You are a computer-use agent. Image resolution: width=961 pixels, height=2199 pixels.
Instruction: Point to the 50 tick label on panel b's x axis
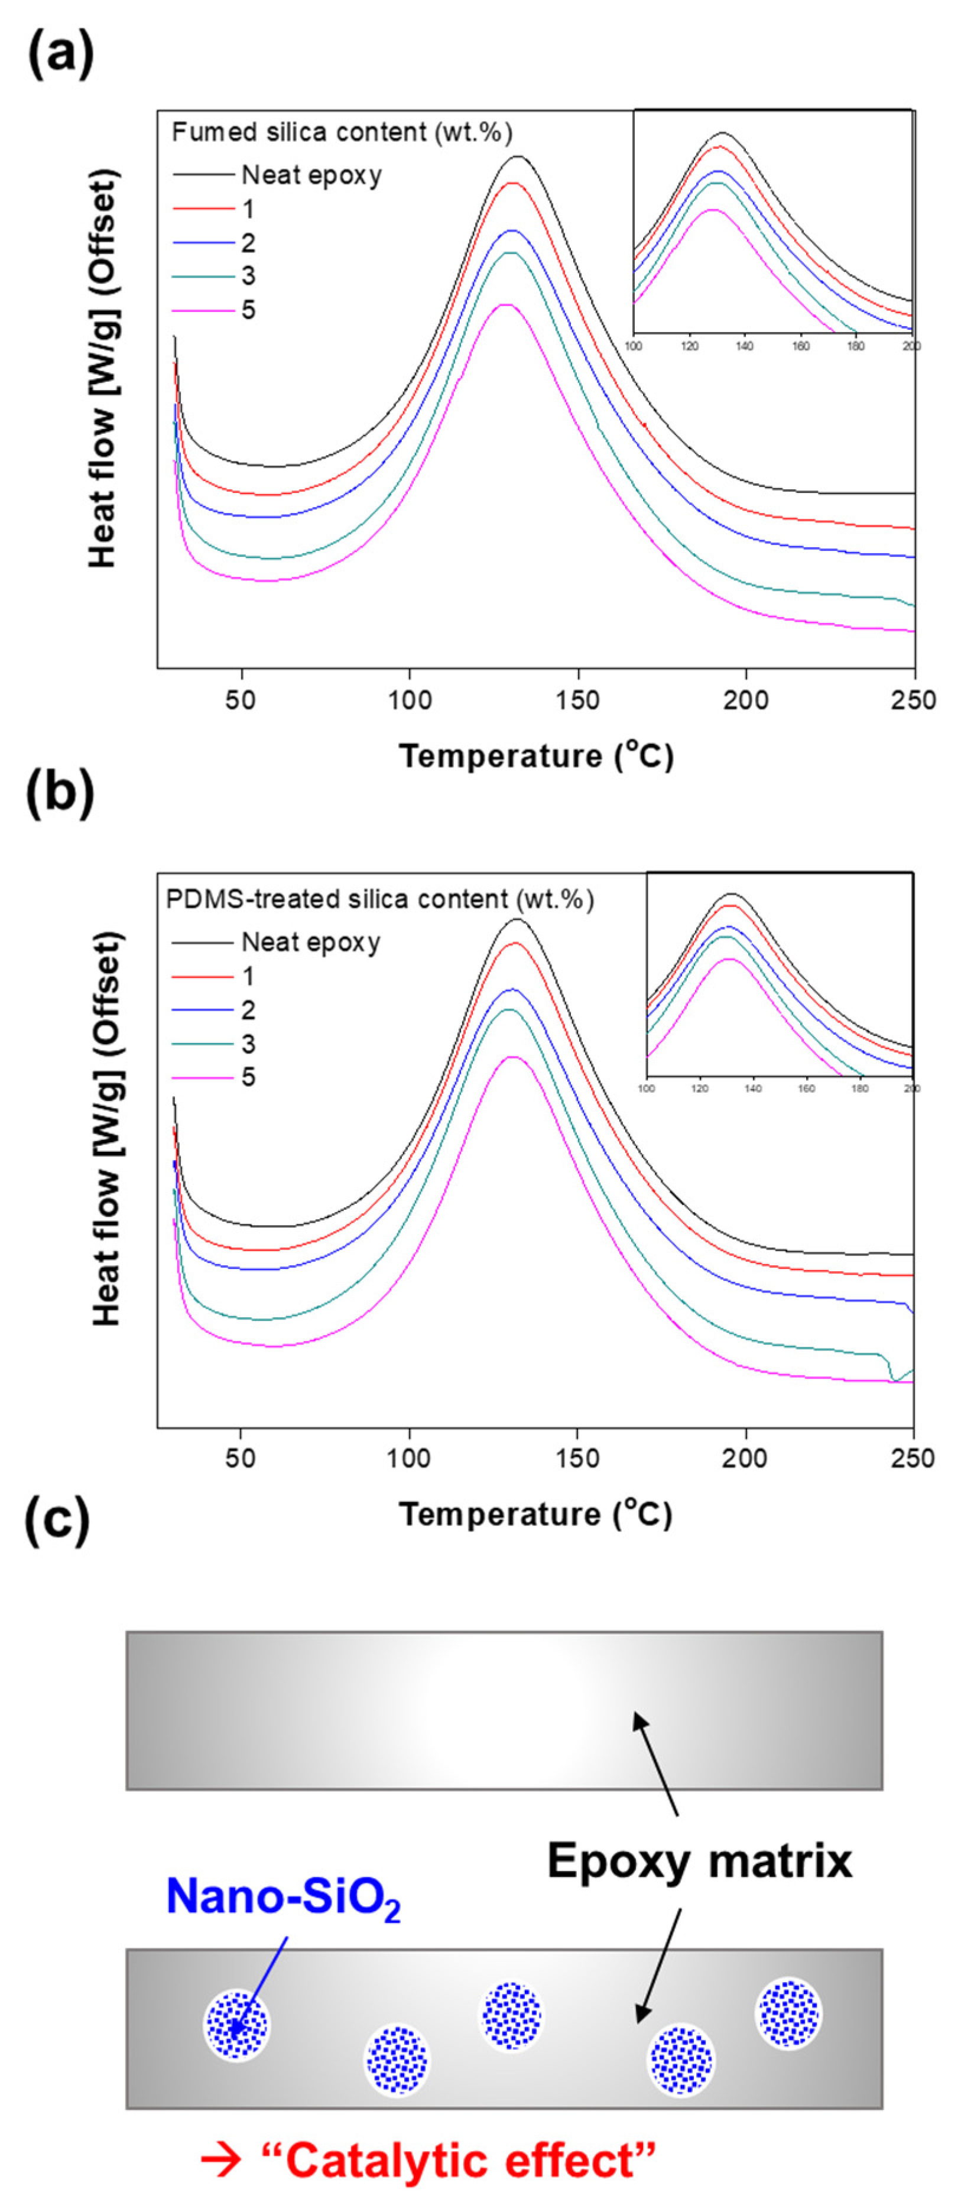point(240,1457)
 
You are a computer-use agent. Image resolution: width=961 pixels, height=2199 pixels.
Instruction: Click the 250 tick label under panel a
point(913,700)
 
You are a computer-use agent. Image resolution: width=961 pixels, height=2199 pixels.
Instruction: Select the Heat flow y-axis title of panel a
point(104,369)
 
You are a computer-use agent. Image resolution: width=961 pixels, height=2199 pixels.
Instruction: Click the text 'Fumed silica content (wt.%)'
point(342,132)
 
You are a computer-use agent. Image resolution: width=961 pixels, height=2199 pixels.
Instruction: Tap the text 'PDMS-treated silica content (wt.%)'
point(379,899)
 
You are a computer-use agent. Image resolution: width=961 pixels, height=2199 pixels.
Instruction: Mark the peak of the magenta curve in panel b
point(511,1057)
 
